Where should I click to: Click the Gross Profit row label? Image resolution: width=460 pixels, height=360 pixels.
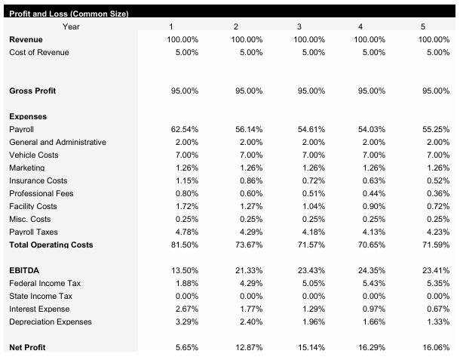point(32,91)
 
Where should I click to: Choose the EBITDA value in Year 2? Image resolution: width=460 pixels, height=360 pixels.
point(249,270)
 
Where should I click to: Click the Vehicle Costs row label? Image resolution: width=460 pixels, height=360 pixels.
point(33,155)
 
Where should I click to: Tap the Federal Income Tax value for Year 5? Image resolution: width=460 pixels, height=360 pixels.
point(439,283)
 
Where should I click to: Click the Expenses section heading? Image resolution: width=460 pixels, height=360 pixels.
point(28,116)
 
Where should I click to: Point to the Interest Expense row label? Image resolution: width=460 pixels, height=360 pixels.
point(39,309)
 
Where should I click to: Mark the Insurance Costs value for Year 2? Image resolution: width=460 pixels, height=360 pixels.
point(250,180)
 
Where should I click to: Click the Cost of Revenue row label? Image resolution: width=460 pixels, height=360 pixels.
point(38,52)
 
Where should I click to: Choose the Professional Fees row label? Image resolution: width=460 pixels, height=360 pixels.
point(41,193)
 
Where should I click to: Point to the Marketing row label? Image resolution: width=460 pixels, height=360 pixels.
point(27,168)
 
